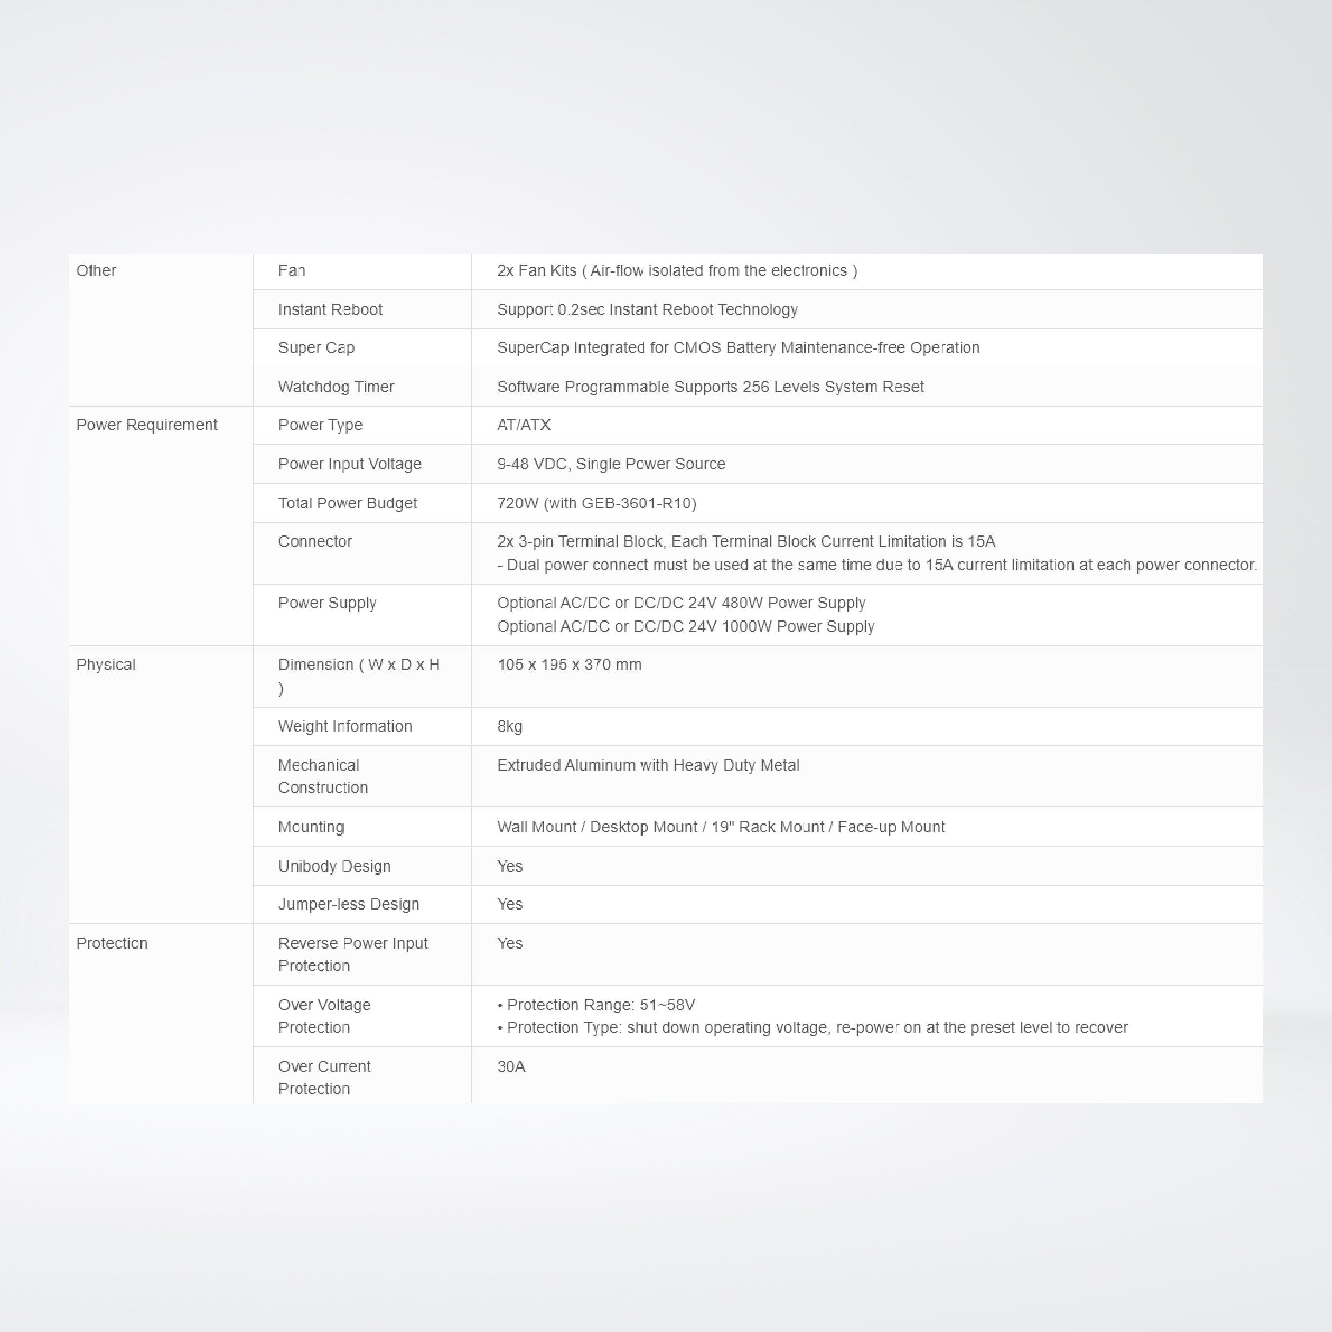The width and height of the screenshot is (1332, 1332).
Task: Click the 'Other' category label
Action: [x=96, y=270]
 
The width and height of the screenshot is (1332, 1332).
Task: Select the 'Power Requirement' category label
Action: [x=146, y=425]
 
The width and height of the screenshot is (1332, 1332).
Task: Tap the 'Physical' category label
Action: [x=106, y=665]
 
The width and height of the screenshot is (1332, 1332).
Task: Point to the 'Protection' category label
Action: [x=112, y=943]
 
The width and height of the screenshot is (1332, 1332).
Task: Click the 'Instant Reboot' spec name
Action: [x=330, y=310]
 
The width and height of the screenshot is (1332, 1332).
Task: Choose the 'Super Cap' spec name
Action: [x=317, y=347]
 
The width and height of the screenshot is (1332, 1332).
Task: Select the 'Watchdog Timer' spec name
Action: [x=336, y=387]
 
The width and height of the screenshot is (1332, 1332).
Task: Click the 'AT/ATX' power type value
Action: [x=523, y=425]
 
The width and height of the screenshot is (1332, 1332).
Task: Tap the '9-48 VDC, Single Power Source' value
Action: [x=611, y=464]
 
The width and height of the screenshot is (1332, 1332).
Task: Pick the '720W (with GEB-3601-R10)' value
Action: [x=597, y=503]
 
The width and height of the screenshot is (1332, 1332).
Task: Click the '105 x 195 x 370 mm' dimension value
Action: [x=569, y=665]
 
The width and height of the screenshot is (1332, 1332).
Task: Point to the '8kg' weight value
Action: [x=509, y=726]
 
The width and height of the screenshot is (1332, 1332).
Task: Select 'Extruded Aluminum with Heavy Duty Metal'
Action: [x=648, y=765]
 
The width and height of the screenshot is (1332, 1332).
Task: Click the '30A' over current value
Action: [x=511, y=1067]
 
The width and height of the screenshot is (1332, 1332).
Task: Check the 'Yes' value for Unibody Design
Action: [x=509, y=866]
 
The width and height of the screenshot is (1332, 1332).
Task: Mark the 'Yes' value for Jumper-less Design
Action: [x=509, y=904]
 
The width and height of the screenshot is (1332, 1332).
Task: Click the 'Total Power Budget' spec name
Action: [x=347, y=503]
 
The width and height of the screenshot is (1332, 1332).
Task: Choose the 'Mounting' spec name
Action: [x=311, y=827]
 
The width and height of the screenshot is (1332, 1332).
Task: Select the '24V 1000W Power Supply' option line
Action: [x=685, y=627]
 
